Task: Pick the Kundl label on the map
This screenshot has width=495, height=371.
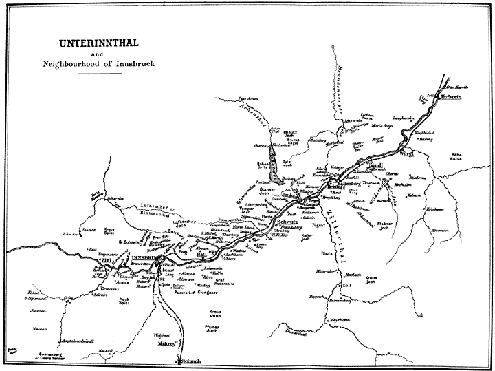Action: tap(375, 166)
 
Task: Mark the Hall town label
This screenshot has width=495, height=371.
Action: tap(201, 253)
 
